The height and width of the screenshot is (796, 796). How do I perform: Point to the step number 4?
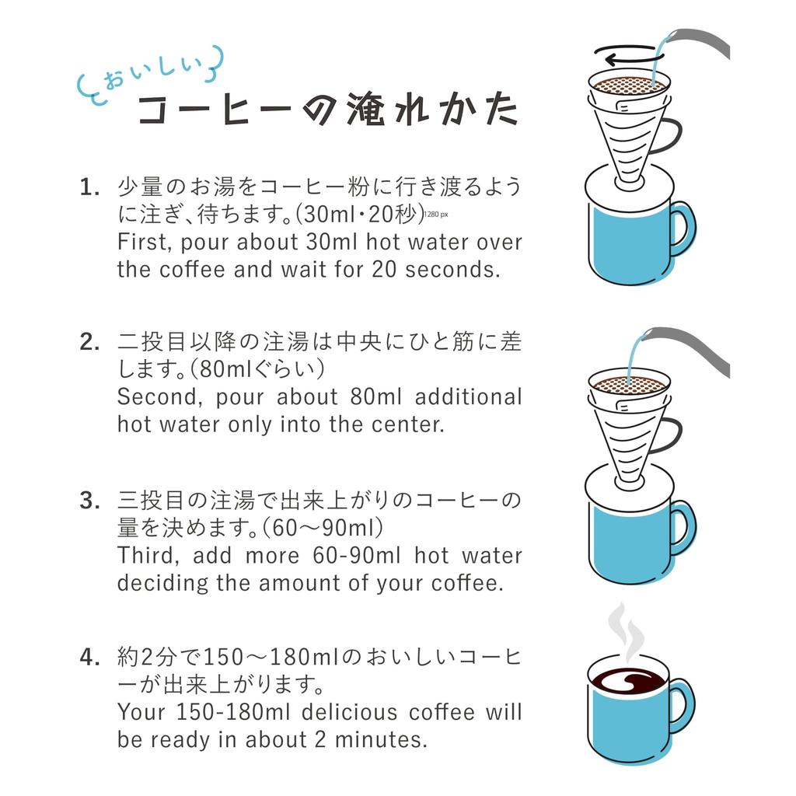[89, 658]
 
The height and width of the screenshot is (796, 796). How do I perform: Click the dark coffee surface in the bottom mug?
[627, 681]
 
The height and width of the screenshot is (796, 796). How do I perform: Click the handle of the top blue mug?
[681, 228]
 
